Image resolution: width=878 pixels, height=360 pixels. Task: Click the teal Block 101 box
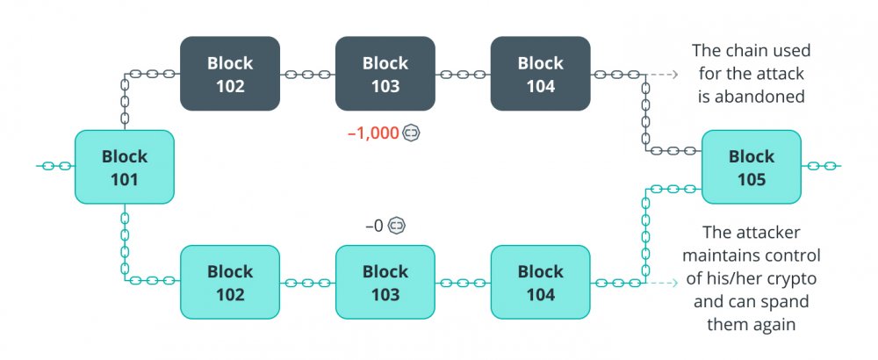pyautogui.click(x=125, y=167)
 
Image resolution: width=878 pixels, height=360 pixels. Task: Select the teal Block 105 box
pyautogui.click(x=752, y=167)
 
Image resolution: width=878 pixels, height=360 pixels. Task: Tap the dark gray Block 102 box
pyautogui.click(x=229, y=74)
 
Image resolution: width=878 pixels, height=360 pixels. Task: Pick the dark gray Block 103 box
pyautogui.click(x=385, y=74)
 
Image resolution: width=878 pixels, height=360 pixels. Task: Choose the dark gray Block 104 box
pyautogui.click(x=540, y=74)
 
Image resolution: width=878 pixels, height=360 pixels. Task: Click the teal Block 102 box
pyautogui.click(x=229, y=282)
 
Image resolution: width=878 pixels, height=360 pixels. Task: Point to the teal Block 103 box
pyautogui.click(x=385, y=282)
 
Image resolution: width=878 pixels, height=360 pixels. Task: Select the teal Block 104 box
pyautogui.click(x=540, y=282)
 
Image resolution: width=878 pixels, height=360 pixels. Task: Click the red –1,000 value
pyautogui.click(x=373, y=133)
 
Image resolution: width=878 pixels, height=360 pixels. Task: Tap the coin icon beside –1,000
pyautogui.click(x=412, y=133)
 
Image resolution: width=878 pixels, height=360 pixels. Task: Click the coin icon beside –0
pyautogui.click(x=397, y=226)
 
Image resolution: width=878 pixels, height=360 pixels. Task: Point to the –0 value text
pyautogui.click(x=375, y=227)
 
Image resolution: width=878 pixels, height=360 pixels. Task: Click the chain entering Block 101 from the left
pyautogui.click(x=56, y=166)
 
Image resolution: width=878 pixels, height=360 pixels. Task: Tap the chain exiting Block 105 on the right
pyautogui.click(x=821, y=166)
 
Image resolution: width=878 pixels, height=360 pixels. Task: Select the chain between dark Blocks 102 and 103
pyautogui.click(x=307, y=74)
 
